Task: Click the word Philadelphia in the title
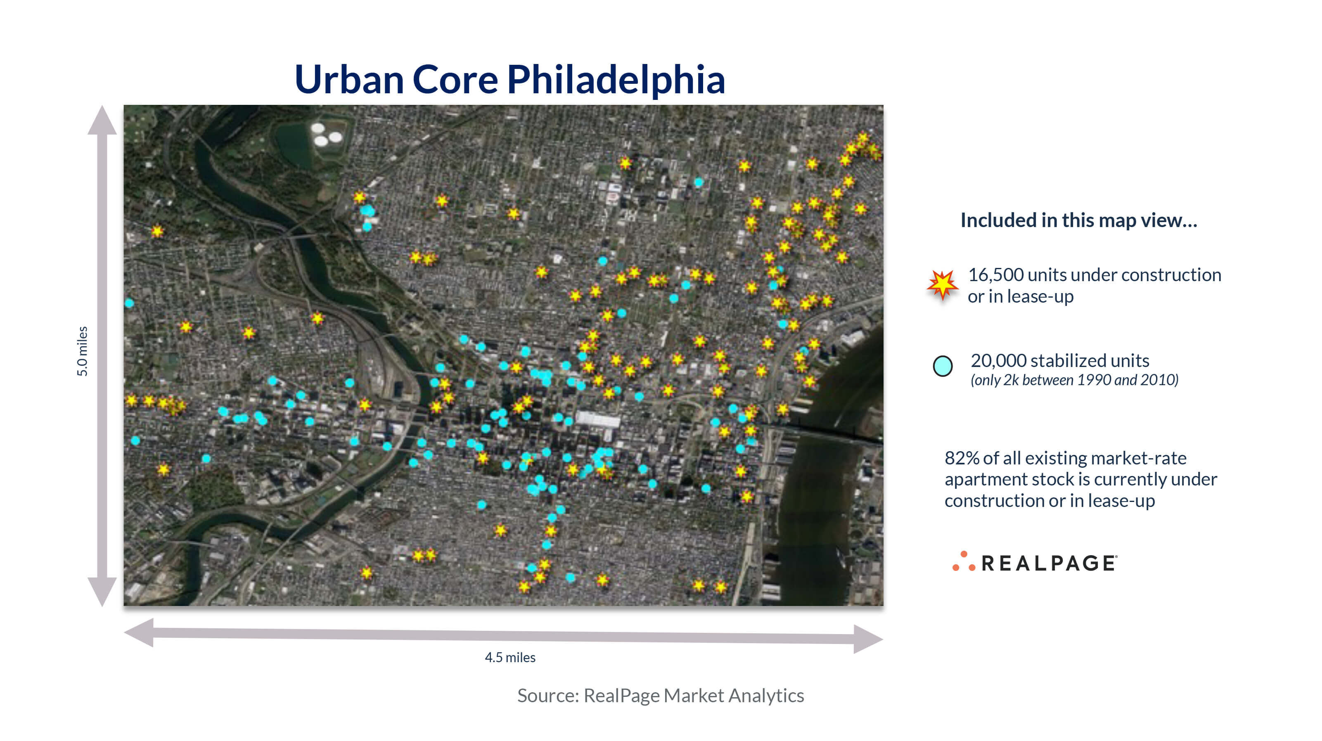616,80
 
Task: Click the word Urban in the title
349,80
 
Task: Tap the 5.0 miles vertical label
82,351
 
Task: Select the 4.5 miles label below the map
510,657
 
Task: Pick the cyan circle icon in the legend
942,366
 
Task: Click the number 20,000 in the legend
998,361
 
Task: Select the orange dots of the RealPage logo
964,561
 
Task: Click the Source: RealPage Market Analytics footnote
661,696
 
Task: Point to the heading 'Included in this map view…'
1079,220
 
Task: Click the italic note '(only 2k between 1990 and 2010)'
1074,380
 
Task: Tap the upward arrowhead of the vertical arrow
102,120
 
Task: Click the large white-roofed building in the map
598,420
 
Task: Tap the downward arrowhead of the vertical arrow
102,592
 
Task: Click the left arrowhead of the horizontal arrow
139,632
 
